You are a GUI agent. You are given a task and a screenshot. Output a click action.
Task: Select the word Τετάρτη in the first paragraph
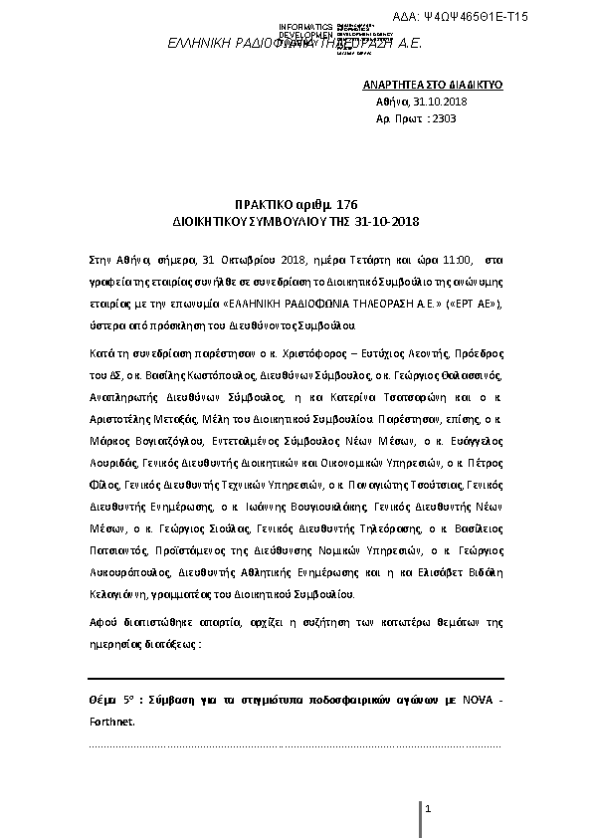(374, 259)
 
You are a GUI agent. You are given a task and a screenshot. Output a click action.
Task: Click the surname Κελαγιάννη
(114, 591)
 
